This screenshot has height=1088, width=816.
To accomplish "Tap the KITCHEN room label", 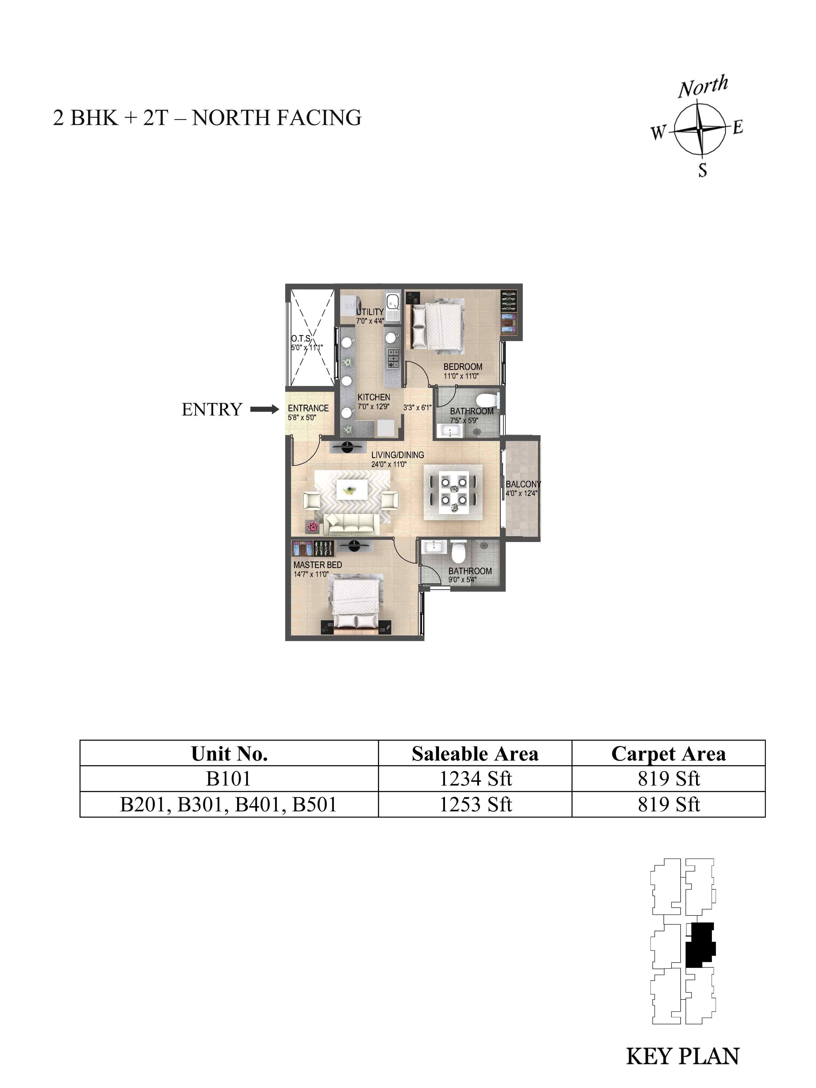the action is coord(374,397).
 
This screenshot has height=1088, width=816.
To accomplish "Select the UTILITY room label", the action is coord(370,312).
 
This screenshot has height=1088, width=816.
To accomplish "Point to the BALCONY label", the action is coord(523,484).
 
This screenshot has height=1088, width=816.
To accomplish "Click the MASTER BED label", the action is coord(318,565).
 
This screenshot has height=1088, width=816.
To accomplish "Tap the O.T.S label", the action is coord(301,338).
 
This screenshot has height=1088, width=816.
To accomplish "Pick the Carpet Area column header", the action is coord(669,753).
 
